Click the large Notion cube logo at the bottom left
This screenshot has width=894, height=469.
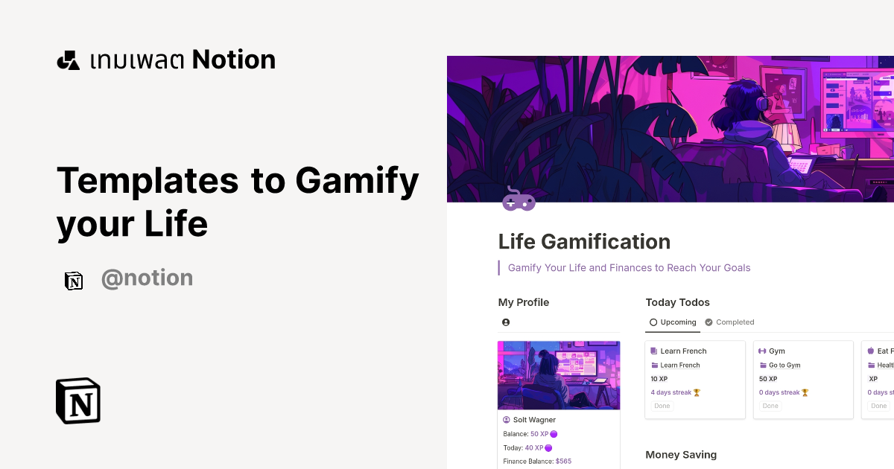78,401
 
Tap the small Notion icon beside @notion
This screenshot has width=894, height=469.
74,281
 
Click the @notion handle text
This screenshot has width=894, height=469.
147,278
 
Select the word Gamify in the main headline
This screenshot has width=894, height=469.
357,180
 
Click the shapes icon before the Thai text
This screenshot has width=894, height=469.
68,60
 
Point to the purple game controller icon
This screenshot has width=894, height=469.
519,199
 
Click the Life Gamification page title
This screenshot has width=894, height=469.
584,242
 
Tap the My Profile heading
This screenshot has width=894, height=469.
523,302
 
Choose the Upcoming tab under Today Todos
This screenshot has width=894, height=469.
673,322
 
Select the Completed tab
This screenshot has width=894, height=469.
729,322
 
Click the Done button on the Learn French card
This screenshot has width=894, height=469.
662,406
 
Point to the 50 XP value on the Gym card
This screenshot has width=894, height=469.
768,379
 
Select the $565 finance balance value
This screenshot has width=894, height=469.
563,462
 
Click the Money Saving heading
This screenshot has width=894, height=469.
681,455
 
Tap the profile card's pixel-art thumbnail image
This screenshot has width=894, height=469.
559,375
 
